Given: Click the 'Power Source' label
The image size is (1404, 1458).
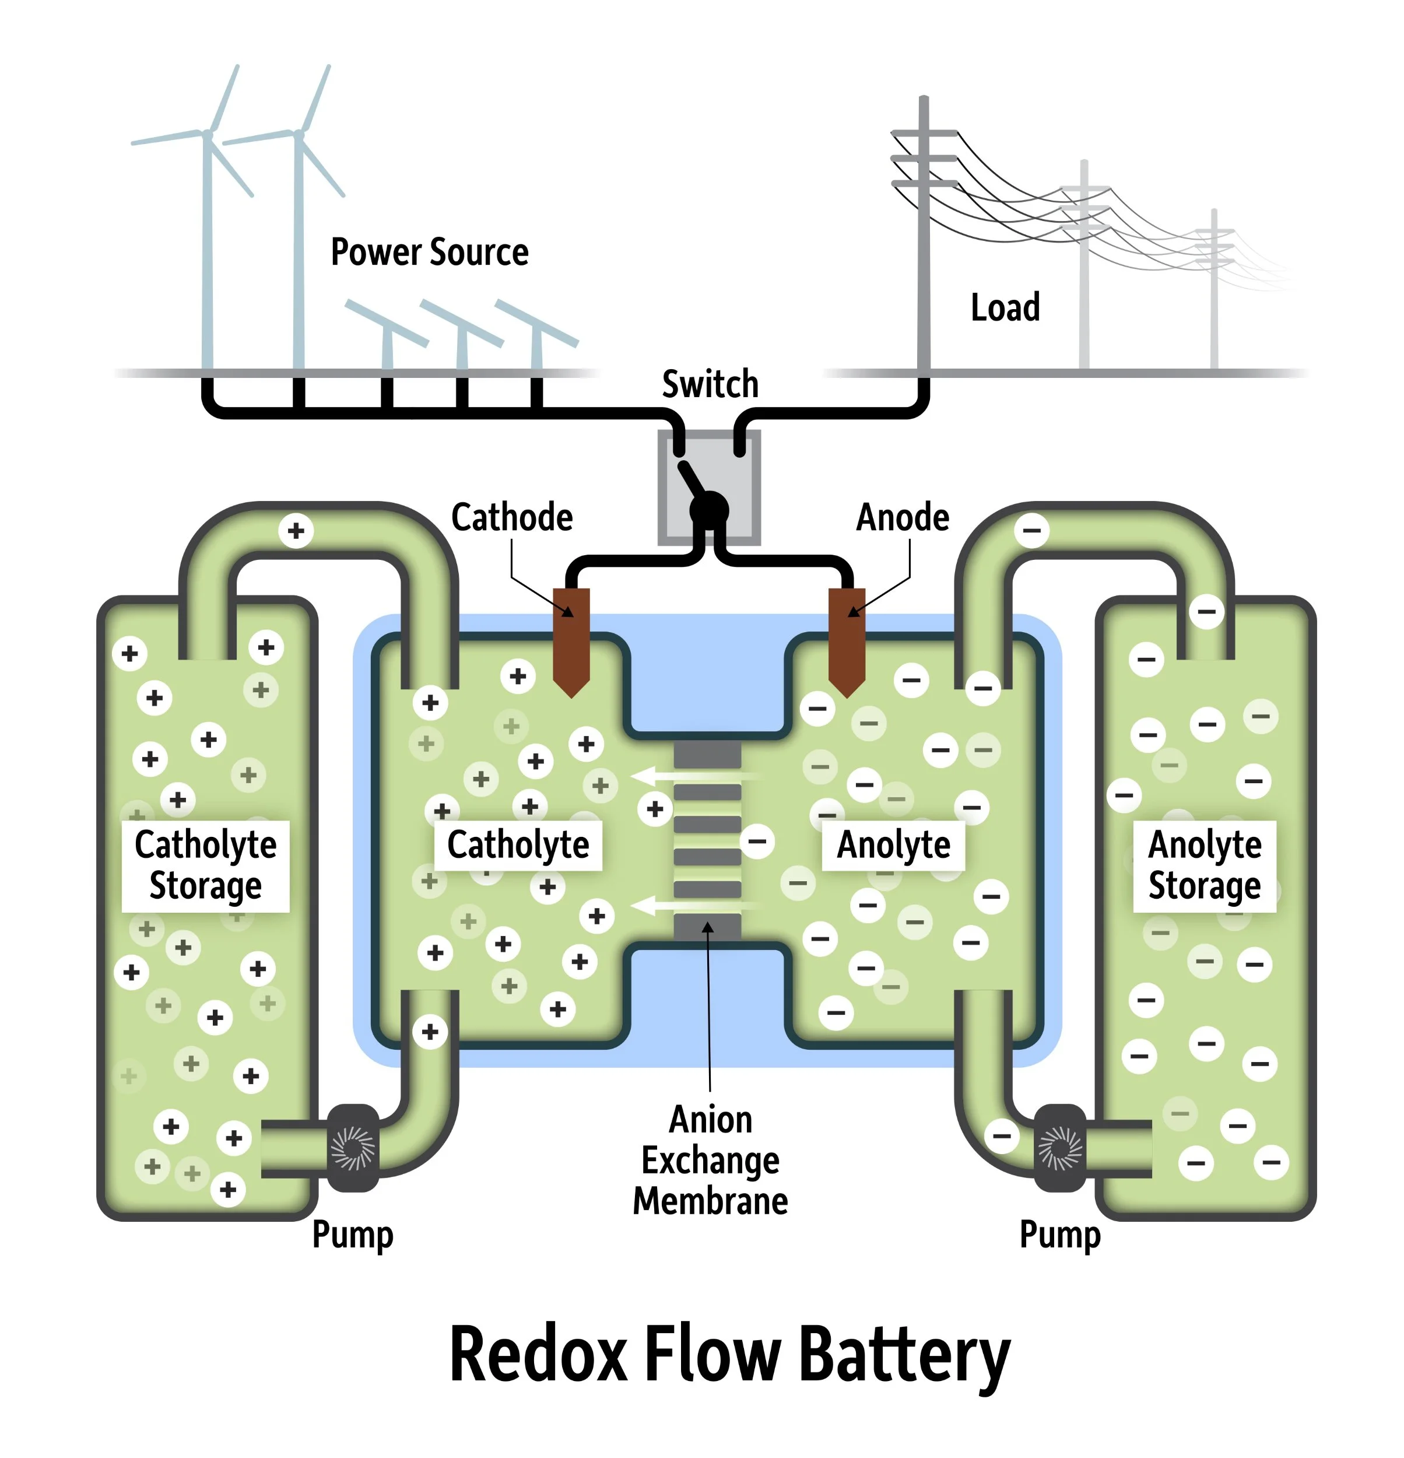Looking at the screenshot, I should [429, 252].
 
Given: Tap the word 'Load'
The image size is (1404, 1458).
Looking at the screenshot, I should [1005, 307].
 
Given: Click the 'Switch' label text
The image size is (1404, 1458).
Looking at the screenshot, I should [710, 384].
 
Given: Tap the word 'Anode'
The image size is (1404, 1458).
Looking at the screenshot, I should [902, 517].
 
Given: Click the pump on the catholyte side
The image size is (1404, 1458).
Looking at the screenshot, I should [353, 1147].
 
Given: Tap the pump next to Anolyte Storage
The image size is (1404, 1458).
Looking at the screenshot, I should [1059, 1147].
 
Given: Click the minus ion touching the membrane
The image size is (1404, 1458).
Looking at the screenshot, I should [757, 842].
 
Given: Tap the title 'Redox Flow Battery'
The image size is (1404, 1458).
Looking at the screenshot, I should [729, 1355].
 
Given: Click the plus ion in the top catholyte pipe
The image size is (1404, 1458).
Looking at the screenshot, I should [296, 530].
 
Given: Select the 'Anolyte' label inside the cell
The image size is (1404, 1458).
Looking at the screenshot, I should [893, 845].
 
